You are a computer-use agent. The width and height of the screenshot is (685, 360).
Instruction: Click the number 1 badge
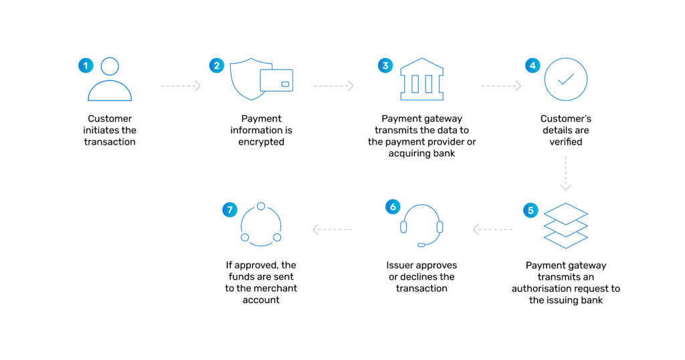coord(86,66)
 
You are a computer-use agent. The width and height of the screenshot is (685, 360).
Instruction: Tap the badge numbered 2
coord(217,66)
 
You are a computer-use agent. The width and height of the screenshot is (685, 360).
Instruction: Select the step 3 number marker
coord(385,66)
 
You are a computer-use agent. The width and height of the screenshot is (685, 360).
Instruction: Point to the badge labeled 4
coord(532,66)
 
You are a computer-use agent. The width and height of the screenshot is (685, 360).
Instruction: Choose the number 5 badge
coord(530,211)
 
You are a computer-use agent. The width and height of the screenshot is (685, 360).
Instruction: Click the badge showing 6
coord(393,207)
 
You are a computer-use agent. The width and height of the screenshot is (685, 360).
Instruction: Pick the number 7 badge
coord(229,210)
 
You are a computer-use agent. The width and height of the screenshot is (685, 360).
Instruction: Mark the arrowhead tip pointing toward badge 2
coord(199,86)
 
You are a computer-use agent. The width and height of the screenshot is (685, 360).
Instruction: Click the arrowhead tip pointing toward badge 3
coord(352,86)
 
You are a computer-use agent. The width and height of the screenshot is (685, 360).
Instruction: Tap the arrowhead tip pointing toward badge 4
coord(520,86)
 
